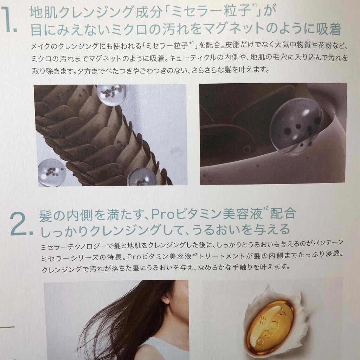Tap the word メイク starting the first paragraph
[x=41, y=46]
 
